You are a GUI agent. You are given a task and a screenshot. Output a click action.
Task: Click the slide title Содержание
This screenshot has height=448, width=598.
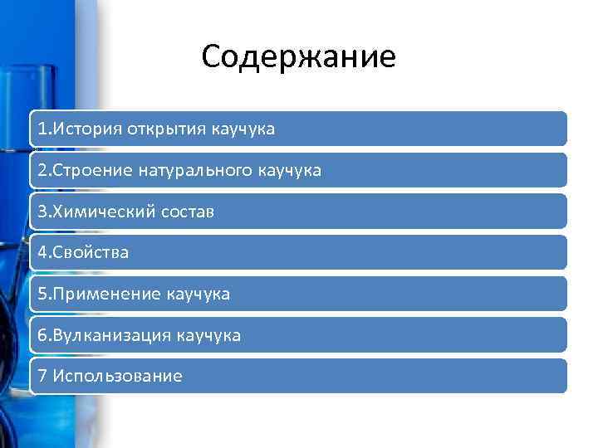pyautogui.click(x=299, y=57)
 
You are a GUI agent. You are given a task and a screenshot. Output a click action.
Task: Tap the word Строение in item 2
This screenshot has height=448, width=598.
pyautogui.click(x=94, y=171)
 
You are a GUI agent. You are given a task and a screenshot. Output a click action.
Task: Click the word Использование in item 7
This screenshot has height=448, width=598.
pyautogui.click(x=117, y=377)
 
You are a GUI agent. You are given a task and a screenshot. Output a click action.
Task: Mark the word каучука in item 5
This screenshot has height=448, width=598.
pyautogui.click(x=199, y=295)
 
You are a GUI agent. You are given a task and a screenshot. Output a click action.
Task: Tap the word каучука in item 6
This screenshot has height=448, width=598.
pyautogui.click(x=210, y=336)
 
